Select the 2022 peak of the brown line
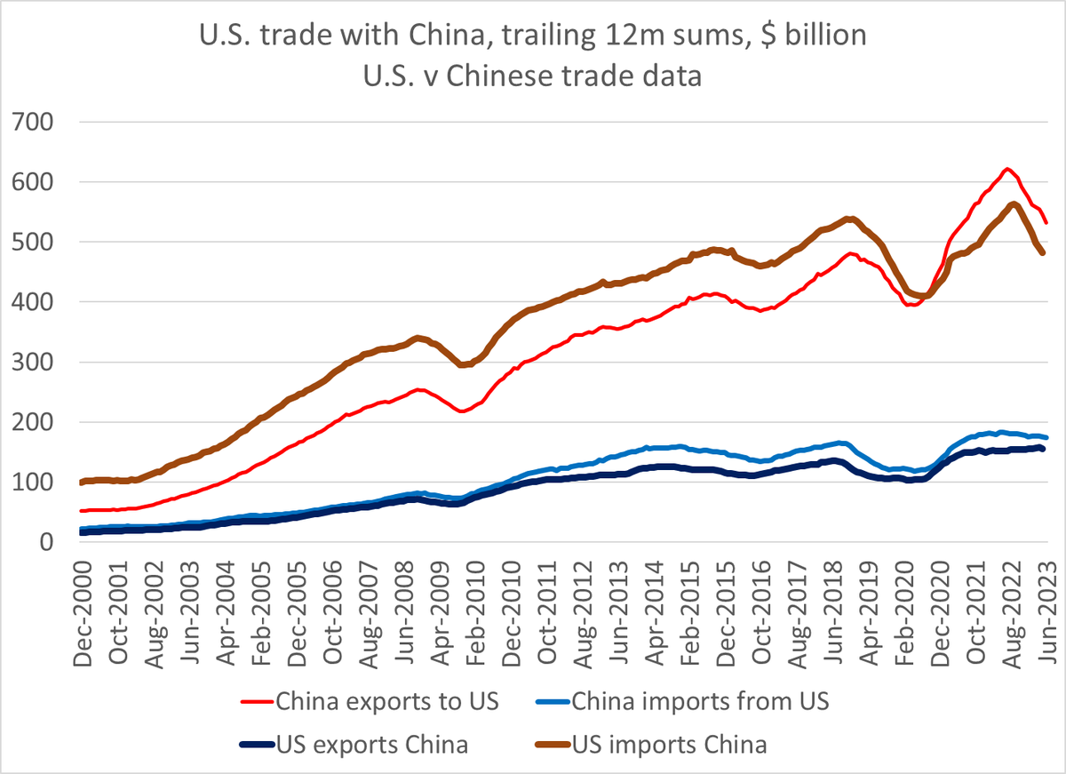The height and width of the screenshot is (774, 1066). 1014,204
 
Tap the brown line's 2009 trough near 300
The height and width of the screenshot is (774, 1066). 462,364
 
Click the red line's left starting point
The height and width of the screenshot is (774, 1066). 82,511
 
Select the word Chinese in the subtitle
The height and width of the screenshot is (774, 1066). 498,76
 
